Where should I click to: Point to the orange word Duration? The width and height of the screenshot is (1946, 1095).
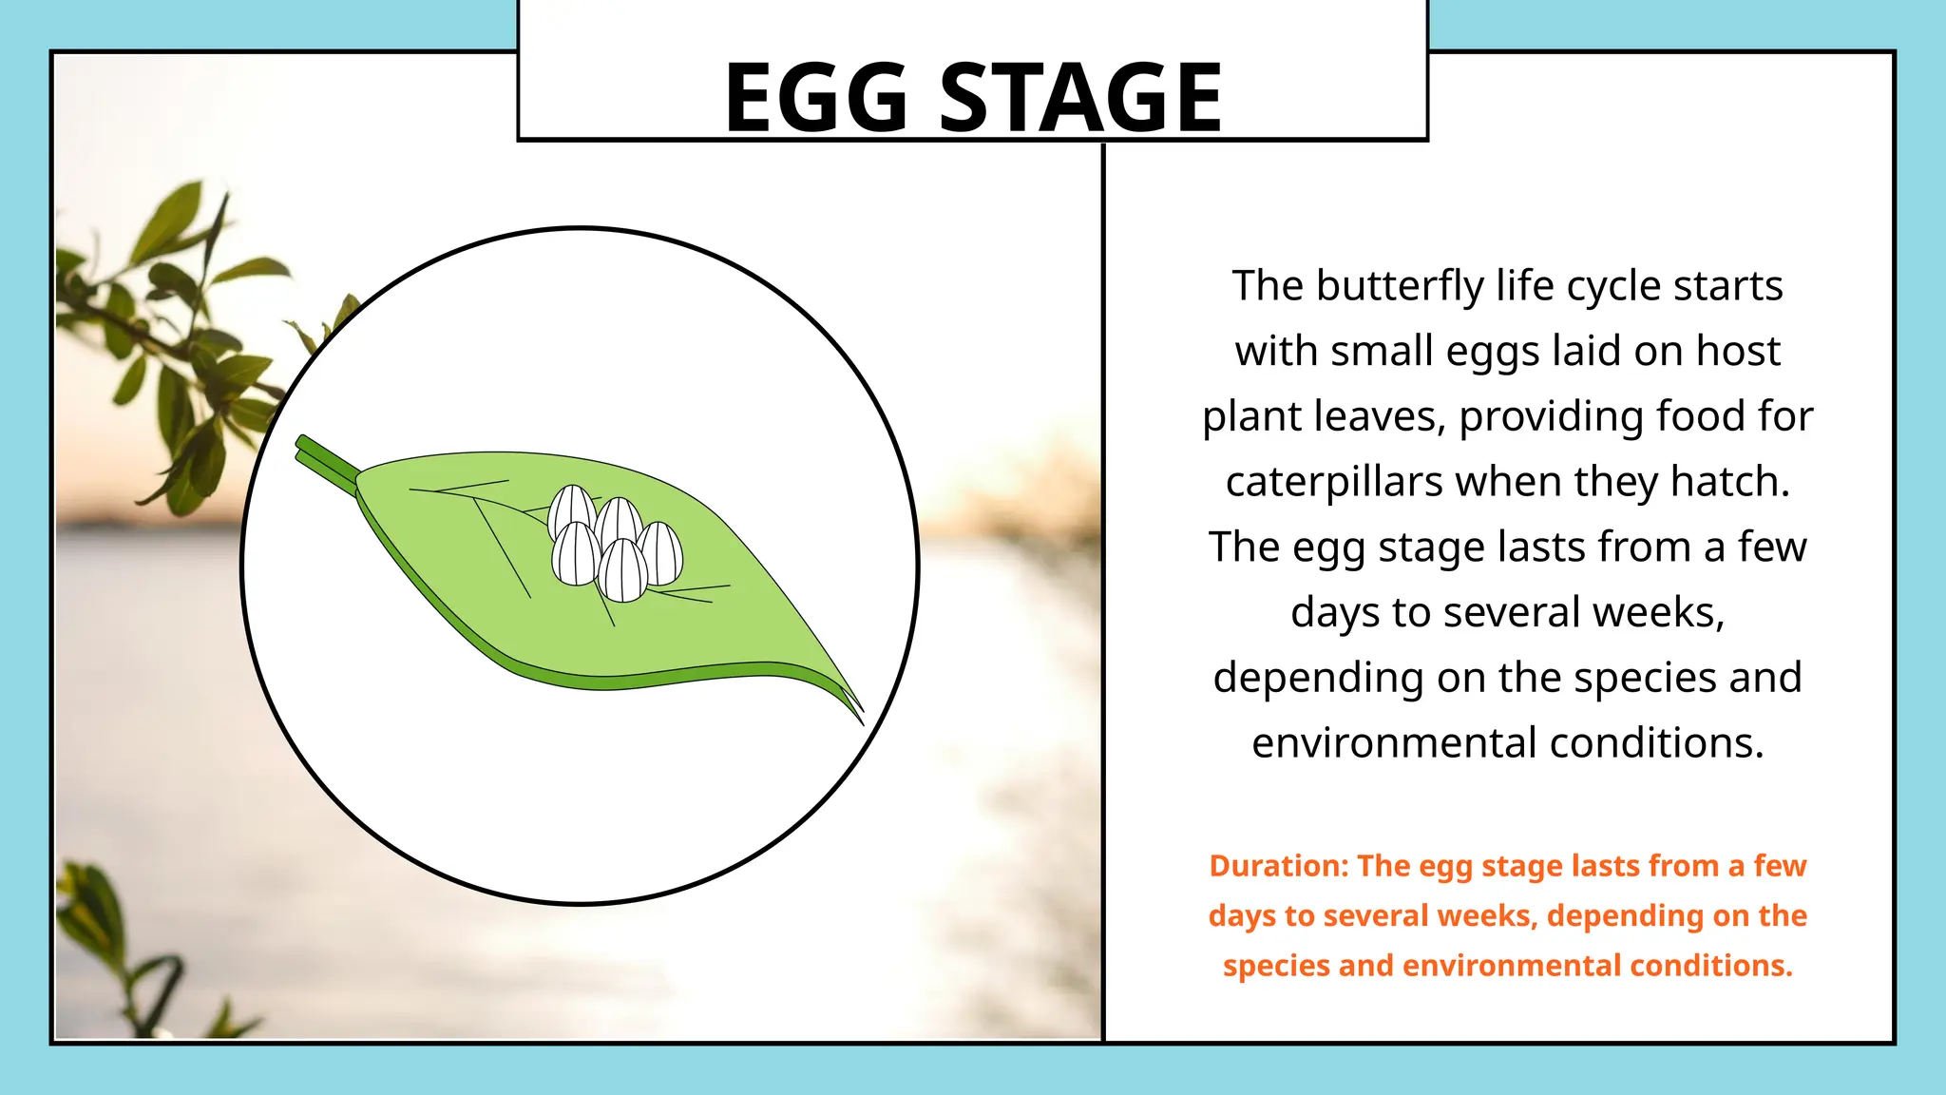[1278, 866]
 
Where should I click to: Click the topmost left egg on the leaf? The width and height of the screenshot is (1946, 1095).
[572, 511]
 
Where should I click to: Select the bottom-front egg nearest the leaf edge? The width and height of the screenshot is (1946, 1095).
[623, 571]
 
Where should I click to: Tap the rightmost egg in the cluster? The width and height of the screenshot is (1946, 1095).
[660, 553]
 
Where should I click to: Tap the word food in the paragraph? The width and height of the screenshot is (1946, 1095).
[1698, 417]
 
